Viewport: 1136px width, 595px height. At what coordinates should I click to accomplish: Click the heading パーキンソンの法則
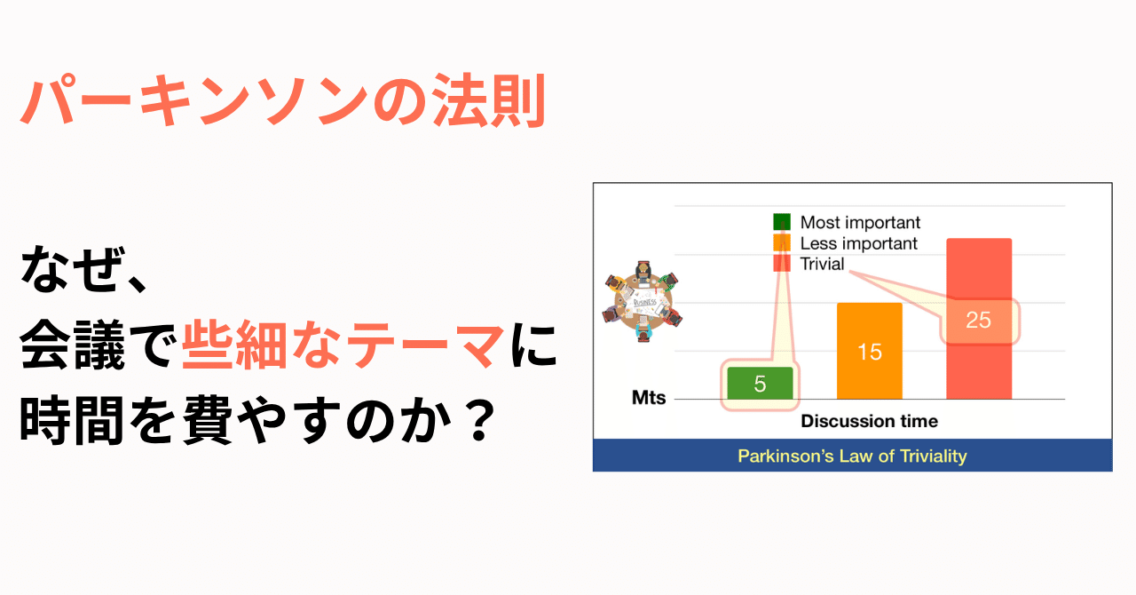pyautogui.click(x=282, y=104)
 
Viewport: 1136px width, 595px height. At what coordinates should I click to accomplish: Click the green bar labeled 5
pyautogui.click(x=760, y=384)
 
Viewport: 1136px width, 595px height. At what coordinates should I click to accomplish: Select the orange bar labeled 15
pyautogui.click(x=870, y=351)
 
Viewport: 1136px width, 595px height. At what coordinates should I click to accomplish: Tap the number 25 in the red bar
pyautogui.click(x=978, y=320)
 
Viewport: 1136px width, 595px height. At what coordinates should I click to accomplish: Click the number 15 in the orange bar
pyautogui.click(x=870, y=353)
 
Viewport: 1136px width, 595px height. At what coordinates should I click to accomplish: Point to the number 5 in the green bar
pyautogui.click(x=760, y=385)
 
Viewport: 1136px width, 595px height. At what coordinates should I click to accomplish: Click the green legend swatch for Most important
pyautogui.click(x=782, y=222)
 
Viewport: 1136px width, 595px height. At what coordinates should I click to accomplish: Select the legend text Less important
pyautogui.click(x=858, y=243)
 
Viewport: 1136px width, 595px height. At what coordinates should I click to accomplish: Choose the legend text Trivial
pyautogui.click(x=822, y=264)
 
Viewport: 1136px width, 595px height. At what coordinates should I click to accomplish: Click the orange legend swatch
pyautogui.click(x=782, y=243)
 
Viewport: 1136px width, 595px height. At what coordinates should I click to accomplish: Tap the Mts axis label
pyautogui.click(x=649, y=399)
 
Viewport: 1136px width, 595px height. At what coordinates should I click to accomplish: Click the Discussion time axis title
pyautogui.click(x=869, y=421)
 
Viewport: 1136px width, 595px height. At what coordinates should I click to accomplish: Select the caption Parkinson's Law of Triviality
pyautogui.click(x=852, y=456)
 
